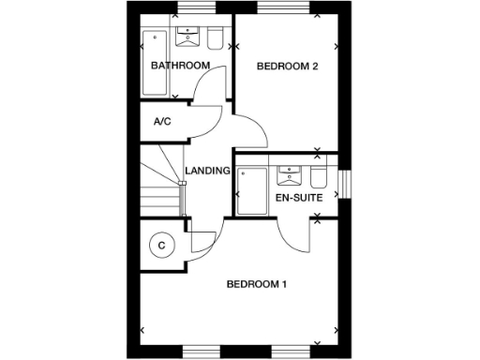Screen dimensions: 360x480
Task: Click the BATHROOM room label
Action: (x=180, y=66)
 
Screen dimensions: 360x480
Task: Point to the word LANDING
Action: (x=207, y=171)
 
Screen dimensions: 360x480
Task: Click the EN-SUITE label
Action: (x=299, y=199)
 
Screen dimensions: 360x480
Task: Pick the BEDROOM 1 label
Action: (x=256, y=284)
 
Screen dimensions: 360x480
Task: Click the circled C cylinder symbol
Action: (x=161, y=246)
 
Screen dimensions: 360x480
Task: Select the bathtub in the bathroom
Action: (x=153, y=64)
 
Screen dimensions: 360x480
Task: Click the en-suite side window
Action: (x=343, y=184)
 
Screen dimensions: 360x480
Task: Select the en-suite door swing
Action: (x=292, y=234)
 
